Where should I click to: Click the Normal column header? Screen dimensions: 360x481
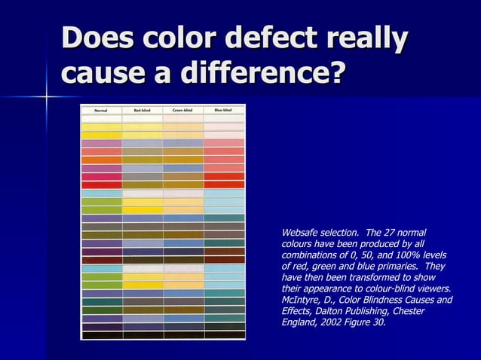click(x=101, y=110)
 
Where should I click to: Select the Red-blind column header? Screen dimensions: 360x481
click(x=142, y=110)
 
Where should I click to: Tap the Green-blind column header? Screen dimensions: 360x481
click(x=182, y=110)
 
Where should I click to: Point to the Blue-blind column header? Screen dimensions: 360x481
click(x=223, y=110)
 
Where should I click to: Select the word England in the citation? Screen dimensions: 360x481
click(x=298, y=322)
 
